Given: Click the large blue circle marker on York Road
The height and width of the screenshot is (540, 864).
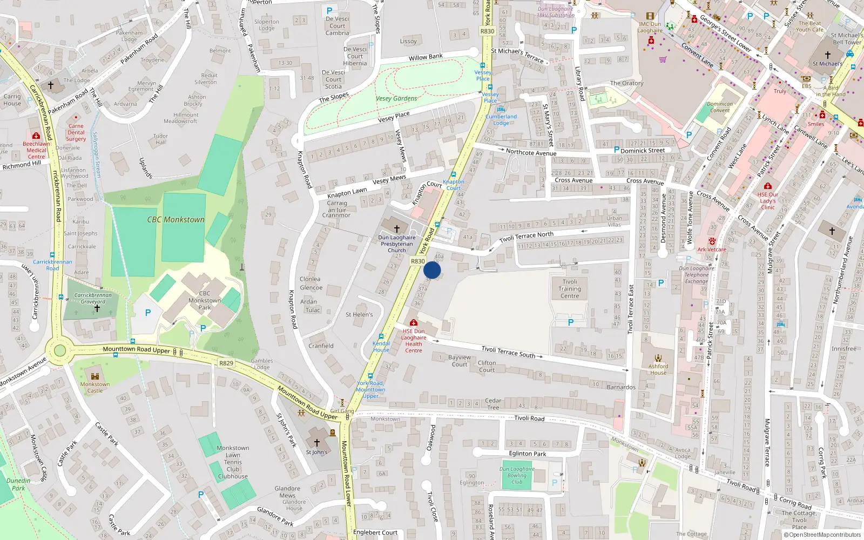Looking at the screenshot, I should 432,270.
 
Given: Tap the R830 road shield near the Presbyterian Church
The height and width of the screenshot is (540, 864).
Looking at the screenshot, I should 418,261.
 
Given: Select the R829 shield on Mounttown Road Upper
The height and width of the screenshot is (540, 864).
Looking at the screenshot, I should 226,363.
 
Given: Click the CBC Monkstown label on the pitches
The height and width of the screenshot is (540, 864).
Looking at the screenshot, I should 176,220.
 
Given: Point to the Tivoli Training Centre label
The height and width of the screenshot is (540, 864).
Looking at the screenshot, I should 570,289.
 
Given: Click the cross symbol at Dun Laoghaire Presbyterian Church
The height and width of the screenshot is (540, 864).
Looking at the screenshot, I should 397,229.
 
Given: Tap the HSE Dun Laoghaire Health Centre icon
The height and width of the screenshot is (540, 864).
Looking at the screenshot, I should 414,323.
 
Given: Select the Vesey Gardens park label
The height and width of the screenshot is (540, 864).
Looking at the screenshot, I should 396,99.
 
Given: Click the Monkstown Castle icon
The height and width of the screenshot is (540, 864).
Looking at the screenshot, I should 95,376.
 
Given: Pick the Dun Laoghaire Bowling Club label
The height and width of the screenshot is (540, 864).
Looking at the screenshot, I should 517,475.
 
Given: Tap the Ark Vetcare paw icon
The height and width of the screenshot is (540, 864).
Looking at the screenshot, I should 712,241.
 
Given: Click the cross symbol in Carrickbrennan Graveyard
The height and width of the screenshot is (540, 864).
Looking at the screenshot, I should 97,308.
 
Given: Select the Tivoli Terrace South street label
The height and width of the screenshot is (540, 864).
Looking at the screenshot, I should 508,352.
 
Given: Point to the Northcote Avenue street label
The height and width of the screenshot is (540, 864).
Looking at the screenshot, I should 531,153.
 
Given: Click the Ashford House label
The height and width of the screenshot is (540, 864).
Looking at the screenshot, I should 658,369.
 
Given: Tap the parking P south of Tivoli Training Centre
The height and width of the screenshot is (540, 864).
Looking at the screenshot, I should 571,322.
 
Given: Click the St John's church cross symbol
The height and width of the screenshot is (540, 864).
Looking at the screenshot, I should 317,443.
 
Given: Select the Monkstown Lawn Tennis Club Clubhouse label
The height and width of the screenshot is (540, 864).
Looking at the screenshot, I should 233,462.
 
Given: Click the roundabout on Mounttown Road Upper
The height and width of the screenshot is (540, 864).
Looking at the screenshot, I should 60,350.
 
